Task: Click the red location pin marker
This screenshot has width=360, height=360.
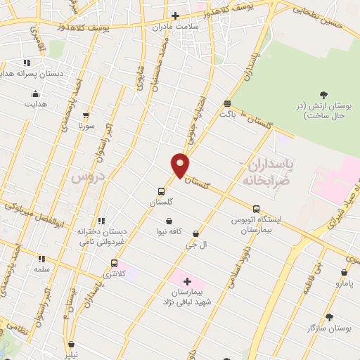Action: [180, 165]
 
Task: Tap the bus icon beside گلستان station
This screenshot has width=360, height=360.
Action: [162, 191]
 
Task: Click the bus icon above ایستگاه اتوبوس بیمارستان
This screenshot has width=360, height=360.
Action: [256, 209]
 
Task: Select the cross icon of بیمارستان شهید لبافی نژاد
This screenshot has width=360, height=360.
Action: [187, 281]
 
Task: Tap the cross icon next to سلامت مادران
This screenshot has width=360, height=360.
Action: [175, 15]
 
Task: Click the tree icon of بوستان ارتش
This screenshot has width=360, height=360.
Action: [323, 94]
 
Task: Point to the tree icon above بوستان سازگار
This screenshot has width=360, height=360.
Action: [329, 317]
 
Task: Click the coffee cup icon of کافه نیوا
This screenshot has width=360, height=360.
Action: [169, 221]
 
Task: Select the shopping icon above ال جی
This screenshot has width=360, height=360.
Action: [195, 234]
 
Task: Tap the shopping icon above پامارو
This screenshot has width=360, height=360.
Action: [344, 273]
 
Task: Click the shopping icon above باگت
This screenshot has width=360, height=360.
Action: [226, 103]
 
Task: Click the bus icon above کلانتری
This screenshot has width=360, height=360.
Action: [114, 264]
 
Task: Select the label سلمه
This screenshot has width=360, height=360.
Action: [42, 269]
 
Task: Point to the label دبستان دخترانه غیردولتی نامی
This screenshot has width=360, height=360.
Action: [103, 236]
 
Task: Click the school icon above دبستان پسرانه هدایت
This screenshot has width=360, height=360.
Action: [27, 63]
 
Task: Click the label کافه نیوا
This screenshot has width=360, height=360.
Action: [169, 231]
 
